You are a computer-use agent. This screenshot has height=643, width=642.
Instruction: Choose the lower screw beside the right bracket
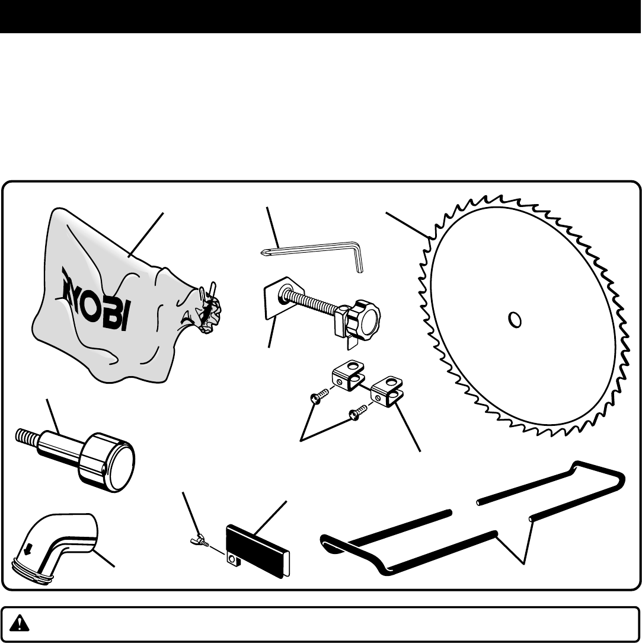(x=356, y=413)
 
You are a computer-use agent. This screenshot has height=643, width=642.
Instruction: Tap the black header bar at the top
(x=321, y=17)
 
